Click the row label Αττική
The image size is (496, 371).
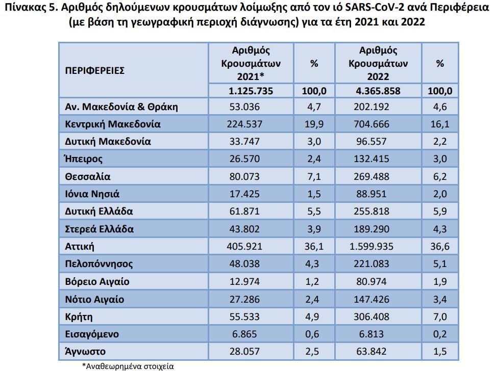click(81, 247)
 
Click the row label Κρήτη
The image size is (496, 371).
click(79, 316)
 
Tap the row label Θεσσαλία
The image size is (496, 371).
click(88, 177)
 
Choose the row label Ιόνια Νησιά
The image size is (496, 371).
click(92, 194)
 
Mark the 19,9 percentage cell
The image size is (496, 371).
click(314, 124)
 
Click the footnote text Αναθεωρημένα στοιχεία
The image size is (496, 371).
click(131, 365)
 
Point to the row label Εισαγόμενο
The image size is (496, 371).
click(92, 334)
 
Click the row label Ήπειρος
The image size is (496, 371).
click(84, 159)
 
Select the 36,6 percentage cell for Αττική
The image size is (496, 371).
click(440, 247)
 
